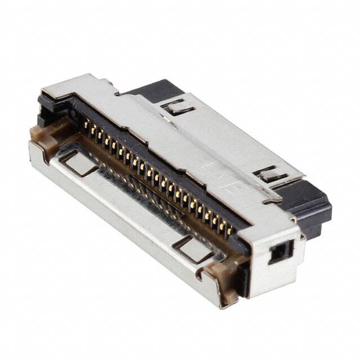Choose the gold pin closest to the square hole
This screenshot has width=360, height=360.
[229, 228]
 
